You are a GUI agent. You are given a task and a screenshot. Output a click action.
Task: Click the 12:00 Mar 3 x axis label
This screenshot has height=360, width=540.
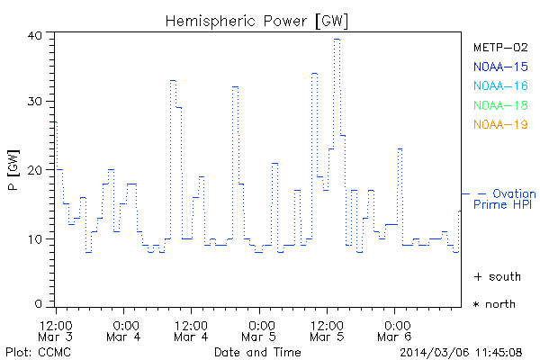56,329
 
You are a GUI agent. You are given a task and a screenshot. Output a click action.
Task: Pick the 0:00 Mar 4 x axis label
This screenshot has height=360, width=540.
125,329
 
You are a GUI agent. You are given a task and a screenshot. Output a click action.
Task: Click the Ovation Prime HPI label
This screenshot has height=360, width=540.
508,200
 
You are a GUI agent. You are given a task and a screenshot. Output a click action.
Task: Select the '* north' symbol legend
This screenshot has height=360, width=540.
494,304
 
